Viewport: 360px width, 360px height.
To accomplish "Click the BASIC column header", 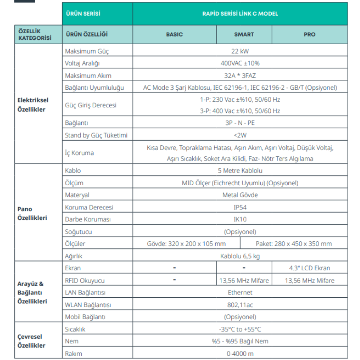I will (174, 34).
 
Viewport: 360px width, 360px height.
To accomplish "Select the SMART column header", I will (244, 34).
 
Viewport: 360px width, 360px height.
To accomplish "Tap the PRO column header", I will (309, 34).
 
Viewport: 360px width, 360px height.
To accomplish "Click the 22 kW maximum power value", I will (240, 51).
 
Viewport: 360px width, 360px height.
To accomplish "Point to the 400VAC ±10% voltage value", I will (240, 63).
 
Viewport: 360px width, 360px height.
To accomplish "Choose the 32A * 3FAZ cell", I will (240, 76).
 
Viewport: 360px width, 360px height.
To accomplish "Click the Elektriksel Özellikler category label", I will (33, 105).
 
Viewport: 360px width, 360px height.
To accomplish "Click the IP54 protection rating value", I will (240, 207).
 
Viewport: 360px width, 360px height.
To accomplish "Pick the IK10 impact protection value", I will (240, 219).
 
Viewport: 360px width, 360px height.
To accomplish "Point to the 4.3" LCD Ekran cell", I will (309, 268).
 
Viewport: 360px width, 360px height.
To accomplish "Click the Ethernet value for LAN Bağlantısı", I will (240, 293).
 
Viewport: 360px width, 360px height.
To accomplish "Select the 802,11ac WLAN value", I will (240, 304).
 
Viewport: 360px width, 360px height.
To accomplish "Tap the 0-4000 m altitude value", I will (240, 353).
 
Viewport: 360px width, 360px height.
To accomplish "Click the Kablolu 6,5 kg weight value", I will (240, 256).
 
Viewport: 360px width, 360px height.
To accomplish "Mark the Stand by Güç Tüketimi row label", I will (96, 135).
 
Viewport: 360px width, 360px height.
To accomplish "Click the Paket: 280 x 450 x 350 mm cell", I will (294, 244).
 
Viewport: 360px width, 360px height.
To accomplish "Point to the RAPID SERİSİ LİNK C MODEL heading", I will (240, 14).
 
